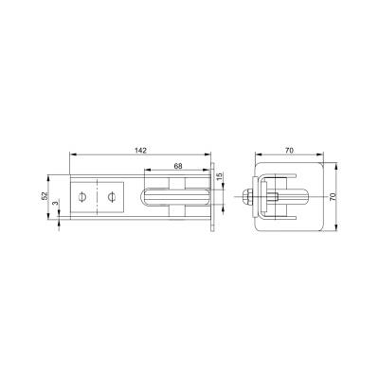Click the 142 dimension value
140,150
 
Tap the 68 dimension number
178,166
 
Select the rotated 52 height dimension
45,196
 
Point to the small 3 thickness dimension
56,203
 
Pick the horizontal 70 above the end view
289,151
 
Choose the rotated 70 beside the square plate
333,197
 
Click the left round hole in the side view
81,197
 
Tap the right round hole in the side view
111,197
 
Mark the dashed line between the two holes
97,197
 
